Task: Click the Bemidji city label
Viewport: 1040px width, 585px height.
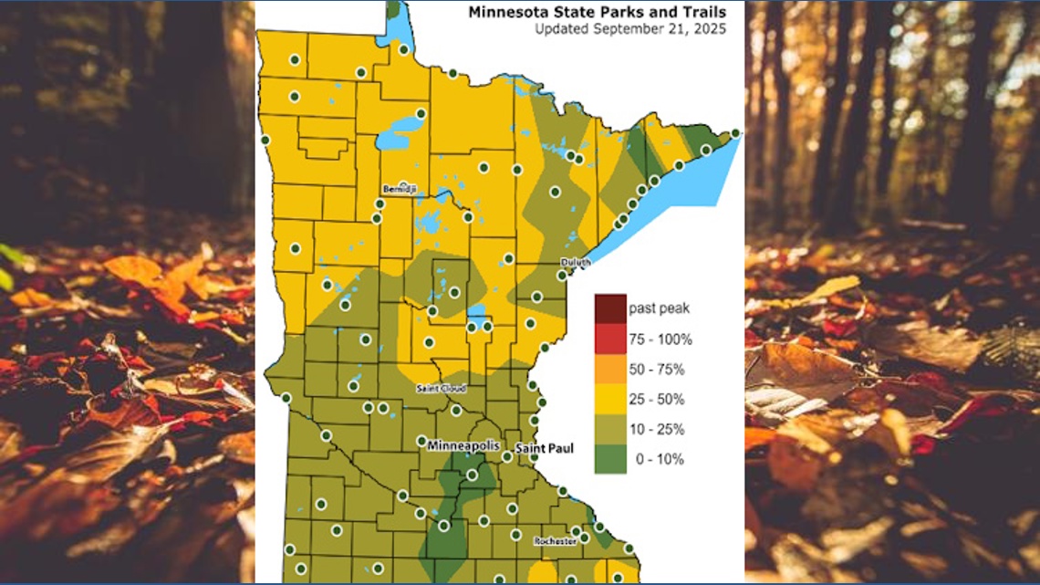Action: pos(399,188)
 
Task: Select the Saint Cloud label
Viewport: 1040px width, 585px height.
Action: pos(442,388)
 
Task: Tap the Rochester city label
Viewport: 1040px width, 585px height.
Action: pos(556,540)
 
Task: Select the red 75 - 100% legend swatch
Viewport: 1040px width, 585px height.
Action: pos(610,339)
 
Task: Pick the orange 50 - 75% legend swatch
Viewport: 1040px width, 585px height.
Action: pos(610,369)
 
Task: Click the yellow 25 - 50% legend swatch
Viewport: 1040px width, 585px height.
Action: pos(610,399)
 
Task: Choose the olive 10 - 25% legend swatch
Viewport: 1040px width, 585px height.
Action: pos(610,429)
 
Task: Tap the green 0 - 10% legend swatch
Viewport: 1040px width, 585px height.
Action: pos(610,459)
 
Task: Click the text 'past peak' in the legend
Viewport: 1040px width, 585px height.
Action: pos(657,308)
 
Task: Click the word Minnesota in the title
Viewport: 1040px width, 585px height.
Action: pos(504,13)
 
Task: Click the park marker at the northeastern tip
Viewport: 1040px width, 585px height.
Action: pos(735,133)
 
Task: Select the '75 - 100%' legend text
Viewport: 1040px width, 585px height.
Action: pos(660,340)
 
